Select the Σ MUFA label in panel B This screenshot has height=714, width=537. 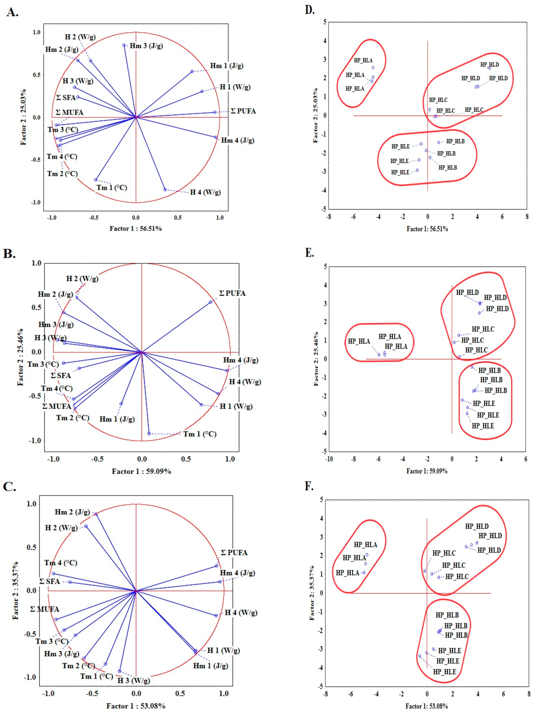(57, 406)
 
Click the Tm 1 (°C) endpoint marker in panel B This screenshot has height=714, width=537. (149, 433)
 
